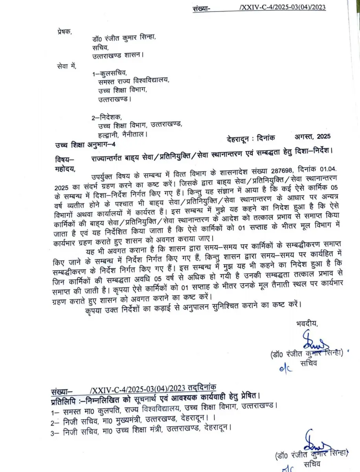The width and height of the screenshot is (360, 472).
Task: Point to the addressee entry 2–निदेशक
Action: (107, 117)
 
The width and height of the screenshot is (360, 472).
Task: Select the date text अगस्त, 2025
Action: (312, 137)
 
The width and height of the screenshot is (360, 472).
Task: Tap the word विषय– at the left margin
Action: (65, 159)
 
